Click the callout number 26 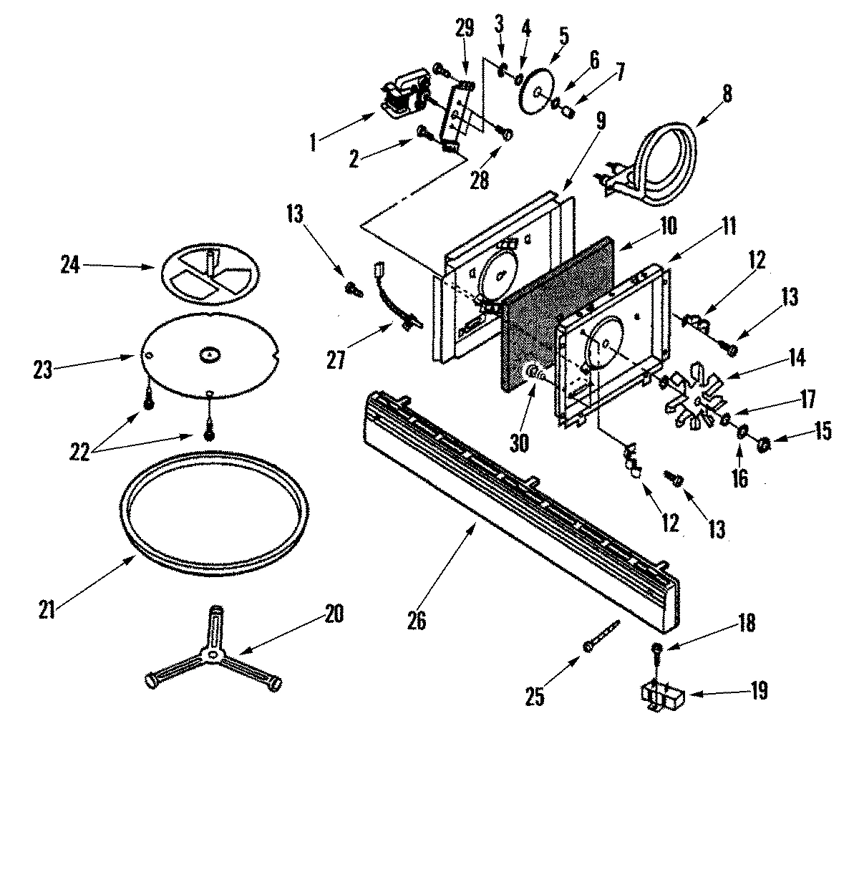click(x=416, y=620)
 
